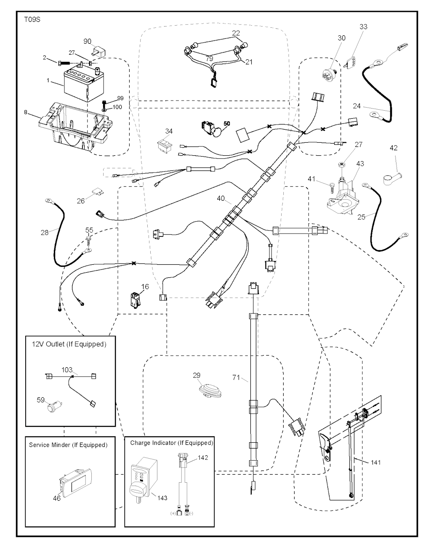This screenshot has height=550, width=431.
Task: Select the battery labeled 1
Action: point(80,86)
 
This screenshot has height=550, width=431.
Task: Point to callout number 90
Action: point(87,41)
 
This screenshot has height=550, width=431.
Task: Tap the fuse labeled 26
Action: point(98,193)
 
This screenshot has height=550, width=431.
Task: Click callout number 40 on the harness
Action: point(221,198)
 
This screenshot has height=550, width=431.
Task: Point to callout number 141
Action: point(376,462)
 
